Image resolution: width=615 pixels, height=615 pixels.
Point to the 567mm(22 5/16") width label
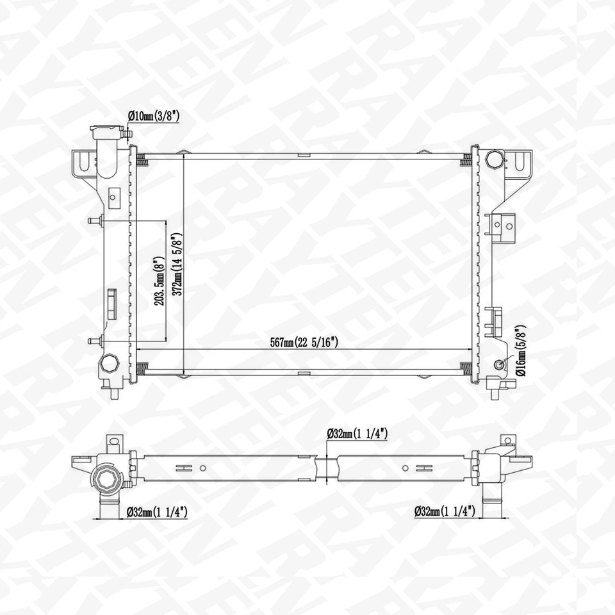(302, 343)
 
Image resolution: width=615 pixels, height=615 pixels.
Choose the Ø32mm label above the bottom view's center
(357, 434)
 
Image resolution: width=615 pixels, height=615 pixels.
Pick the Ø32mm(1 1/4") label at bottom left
(156, 511)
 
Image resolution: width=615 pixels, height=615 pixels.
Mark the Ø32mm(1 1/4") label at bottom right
(444, 511)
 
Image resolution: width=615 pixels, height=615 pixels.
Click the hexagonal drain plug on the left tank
(109, 364)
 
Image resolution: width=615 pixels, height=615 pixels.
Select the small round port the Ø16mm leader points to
(498, 365)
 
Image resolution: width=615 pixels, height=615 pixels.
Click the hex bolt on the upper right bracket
(495, 158)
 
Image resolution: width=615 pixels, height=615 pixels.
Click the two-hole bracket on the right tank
(503, 224)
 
